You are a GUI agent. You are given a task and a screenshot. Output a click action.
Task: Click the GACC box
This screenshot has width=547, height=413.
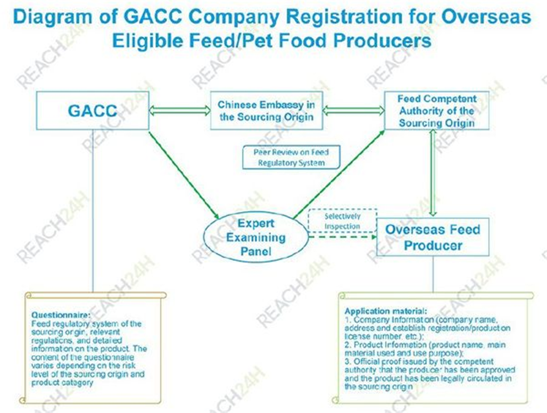click(x=93, y=110)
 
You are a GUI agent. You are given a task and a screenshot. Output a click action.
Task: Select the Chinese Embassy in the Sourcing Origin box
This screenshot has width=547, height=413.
click(x=266, y=110)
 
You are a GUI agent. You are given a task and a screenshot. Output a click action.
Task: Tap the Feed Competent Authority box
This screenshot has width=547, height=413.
click(x=437, y=110)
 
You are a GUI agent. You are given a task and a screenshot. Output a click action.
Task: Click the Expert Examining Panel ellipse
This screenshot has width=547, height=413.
click(x=255, y=237)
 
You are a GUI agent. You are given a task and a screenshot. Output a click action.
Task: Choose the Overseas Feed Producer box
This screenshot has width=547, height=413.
click(x=432, y=237)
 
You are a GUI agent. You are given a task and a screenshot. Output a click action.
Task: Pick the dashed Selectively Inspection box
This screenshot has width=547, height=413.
click(x=342, y=221)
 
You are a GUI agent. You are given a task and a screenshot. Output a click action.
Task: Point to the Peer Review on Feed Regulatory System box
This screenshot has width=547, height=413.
click(x=291, y=158)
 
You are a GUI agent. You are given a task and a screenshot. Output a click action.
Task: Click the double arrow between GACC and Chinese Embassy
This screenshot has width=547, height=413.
click(x=179, y=111)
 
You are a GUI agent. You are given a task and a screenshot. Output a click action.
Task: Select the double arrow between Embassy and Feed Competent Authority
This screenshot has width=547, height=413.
click(x=353, y=111)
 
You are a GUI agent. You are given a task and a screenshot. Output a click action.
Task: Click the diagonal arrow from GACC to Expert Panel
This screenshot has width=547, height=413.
click(x=184, y=174)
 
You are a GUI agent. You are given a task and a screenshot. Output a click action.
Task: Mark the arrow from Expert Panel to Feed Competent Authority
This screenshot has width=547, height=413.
click(x=338, y=174)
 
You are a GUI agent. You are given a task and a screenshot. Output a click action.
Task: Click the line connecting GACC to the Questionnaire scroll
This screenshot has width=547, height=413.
click(x=93, y=213)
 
